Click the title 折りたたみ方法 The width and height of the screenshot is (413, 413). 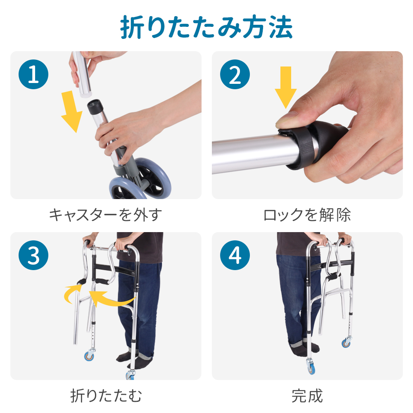click(x=206, y=27)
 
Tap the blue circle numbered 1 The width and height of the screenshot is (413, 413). click(x=33, y=74)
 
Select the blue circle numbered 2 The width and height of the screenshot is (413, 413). click(x=235, y=74)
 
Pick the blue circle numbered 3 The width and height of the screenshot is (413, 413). click(x=33, y=255)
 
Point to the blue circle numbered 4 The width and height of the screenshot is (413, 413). click(x=235, y=255)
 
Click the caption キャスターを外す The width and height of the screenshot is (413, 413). click(x=106, y=215)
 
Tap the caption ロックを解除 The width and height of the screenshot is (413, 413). click(x=307, y=215)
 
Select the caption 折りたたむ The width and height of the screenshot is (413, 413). click(x=106, y=396)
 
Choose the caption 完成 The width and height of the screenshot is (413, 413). click(x=307, y=396)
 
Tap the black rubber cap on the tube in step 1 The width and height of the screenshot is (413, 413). click(x=95, y=107)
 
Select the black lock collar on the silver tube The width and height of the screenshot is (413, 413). click(x=306, y=145)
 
